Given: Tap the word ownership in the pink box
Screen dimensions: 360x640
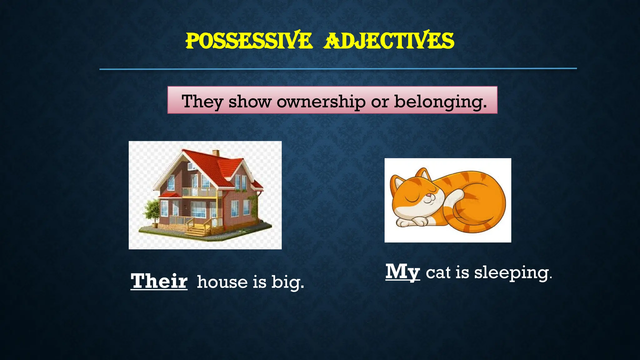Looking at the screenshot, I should [x=321, y=102].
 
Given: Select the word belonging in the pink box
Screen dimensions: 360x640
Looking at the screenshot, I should [x=440, y=102].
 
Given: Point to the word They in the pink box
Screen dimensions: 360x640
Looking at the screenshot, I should [x=202, y=102].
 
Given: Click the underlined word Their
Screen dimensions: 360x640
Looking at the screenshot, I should [x=159, y=281].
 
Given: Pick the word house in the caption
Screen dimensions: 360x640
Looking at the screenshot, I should [x=222, y=282].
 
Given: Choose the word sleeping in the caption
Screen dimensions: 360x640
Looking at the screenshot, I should [x=513, y=273].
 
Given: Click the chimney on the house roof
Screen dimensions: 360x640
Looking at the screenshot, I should [x=216, y=153].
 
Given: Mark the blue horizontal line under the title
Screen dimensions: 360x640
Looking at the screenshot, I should [x=338, y=68].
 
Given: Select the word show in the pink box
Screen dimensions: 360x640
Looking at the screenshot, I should [x=250, y=102].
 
